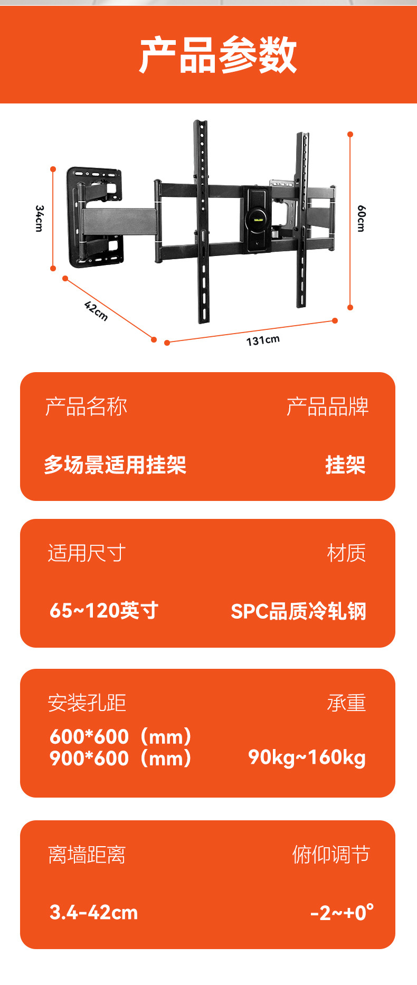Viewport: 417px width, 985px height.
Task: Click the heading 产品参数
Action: coord(218,55)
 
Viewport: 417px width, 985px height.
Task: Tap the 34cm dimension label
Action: coord(39,218)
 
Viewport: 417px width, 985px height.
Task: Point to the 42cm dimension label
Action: coord(96,310)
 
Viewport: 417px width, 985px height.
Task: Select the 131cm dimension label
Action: coord(263,340)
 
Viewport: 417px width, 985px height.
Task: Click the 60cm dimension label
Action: coord(361,218)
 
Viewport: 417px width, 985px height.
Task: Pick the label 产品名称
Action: coord(86,407)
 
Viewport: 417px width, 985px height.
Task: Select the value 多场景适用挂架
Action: coord(115,465)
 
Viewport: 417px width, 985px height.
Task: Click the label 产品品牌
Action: coord(327,407)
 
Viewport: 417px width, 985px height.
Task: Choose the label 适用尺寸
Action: coord(87,553)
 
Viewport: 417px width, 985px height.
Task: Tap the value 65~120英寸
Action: coord(104,611)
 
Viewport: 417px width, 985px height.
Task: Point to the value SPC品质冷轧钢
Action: coord(298,611)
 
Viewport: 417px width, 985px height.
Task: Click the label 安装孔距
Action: coord(87,703)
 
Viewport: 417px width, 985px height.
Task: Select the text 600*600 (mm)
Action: coord(121,737)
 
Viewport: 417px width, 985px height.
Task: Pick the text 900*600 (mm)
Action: coord(121,759)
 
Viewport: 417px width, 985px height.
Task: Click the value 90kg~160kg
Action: coord(307,757)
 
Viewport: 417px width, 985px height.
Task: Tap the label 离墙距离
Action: coord(87,855)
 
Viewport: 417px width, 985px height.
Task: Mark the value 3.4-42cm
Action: coord(93,912)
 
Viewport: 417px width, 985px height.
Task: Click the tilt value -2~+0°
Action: coord(342,912)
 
